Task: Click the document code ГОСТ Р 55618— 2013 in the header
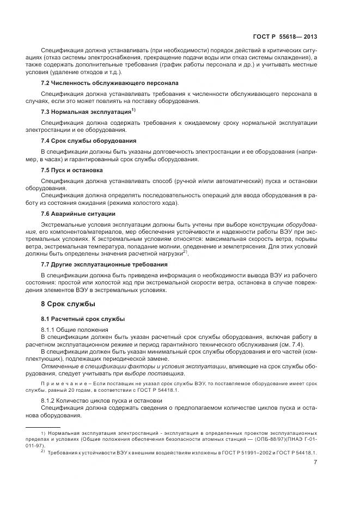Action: point(285,37)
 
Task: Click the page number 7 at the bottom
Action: point(315,463)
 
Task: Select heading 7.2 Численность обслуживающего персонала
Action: point(109,83)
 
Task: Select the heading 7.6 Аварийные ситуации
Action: point(78,214)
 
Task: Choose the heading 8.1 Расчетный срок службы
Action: point(83,318)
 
